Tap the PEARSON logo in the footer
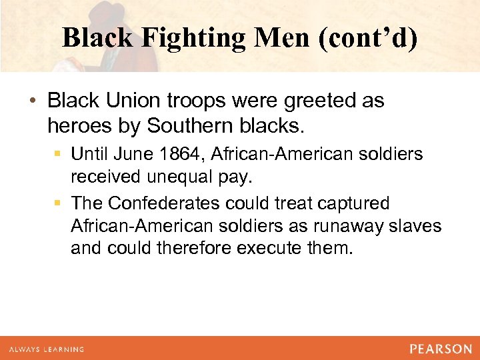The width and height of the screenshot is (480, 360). pos(441,349)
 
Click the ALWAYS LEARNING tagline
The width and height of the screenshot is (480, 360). pos(47,349)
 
